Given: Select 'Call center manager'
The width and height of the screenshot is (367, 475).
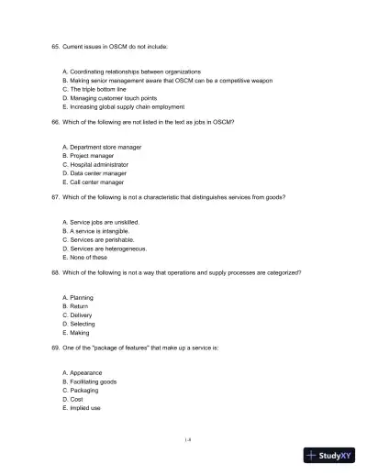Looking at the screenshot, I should (x=96, y=181).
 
